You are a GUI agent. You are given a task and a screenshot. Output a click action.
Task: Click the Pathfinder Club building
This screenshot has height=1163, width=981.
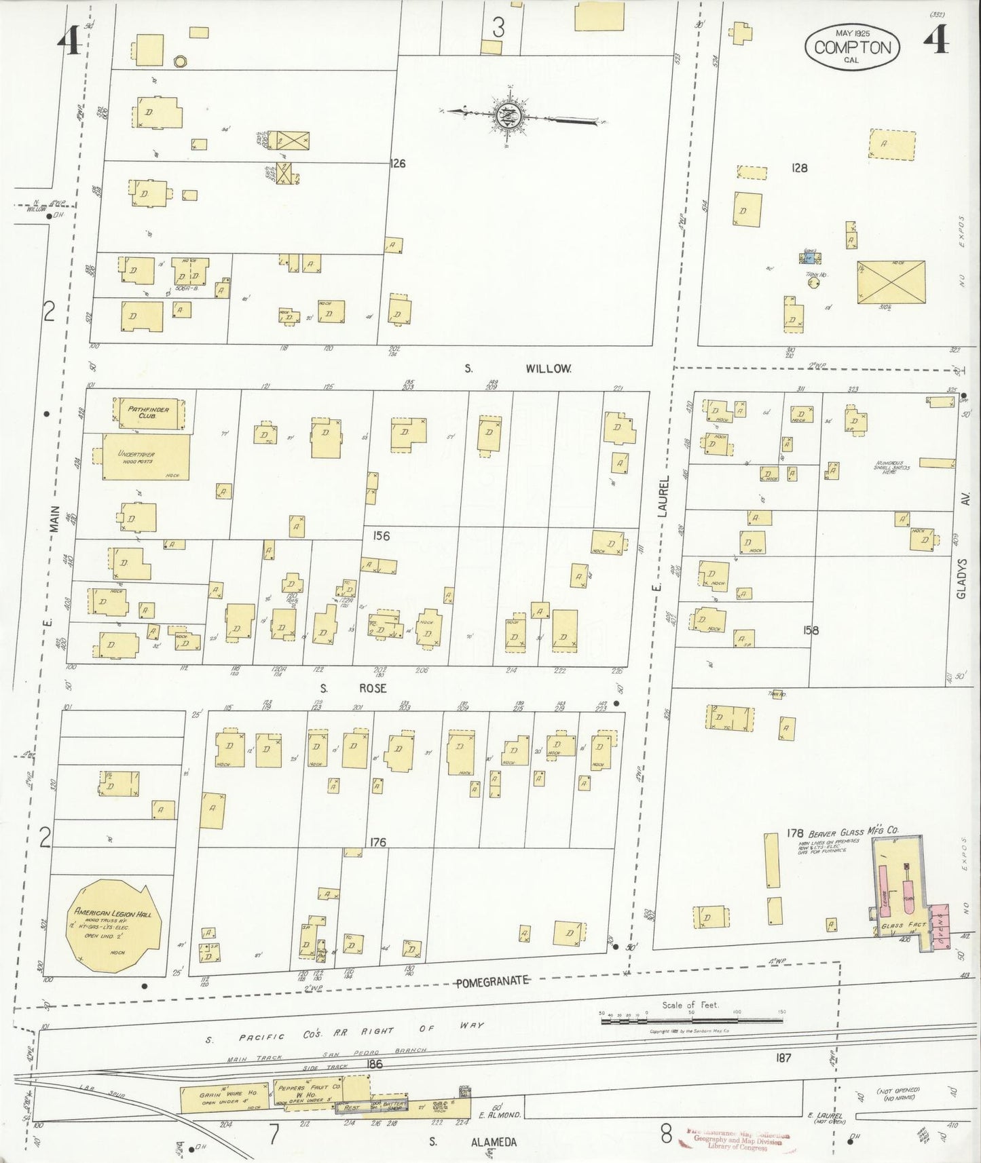(147, 413)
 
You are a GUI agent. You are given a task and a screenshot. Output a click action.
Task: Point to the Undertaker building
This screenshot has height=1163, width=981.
(145, 457)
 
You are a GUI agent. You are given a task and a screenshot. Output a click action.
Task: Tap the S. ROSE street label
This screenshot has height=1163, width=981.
(354, 688)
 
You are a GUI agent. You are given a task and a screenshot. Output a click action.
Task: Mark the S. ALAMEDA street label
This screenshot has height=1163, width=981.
(473, 1143)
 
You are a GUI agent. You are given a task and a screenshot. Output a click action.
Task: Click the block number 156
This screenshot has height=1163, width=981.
(381, 536)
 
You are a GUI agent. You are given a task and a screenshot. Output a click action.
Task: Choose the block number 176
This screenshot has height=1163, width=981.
(377, 842)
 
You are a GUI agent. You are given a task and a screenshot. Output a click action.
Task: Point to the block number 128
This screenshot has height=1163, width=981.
(799, 167)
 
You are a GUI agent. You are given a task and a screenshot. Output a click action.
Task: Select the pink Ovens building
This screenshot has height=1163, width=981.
(940, 927)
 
